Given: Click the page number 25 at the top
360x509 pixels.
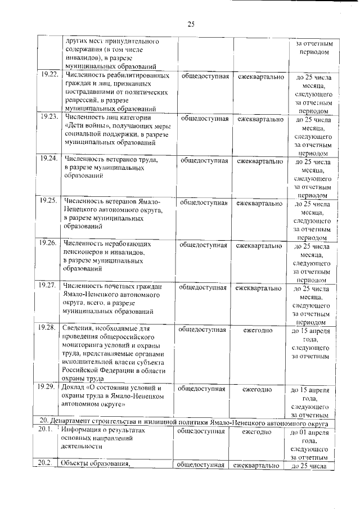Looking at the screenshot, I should [191, 24].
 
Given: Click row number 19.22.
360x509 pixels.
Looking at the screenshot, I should [48, 75].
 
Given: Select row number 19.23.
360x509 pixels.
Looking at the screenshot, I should [48, 117].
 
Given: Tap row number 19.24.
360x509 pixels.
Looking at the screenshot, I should [48, 159].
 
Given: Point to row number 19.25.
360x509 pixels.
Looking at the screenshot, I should [48, 201].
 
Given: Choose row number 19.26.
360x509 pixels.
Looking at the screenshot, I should [48, 243].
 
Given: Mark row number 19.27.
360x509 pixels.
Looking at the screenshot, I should [48, 286].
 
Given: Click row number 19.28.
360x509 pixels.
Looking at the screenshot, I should [48, 327].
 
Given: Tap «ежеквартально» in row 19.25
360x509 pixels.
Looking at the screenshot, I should [259, 202].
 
